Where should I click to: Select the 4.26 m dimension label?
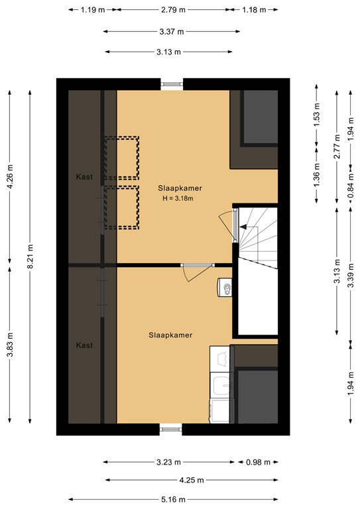tap(9, 178)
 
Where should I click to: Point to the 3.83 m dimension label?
tap(9, 345)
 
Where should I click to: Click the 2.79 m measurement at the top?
tap(172, 10)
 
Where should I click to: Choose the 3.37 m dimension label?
tap(172, 32)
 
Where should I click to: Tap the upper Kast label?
tap(84, 176)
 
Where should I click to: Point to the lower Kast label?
tap(84, 345)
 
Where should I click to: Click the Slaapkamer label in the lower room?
tap(170, 335)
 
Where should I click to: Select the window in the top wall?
tap(172, 84)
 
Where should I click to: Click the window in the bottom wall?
tap(171, 429)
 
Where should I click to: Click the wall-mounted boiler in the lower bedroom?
tap(224, 286)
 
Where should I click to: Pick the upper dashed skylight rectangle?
tap(121, 158)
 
